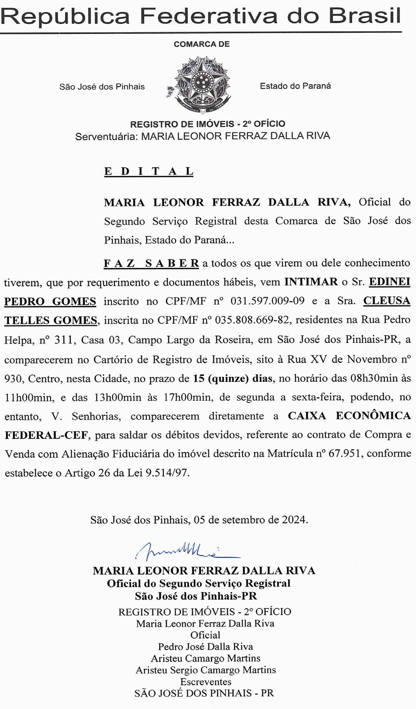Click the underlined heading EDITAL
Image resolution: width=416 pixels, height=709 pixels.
coord(149,171)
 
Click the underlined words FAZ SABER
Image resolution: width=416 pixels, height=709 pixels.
coord(151,264)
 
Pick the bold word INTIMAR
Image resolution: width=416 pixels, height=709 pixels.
coord(311,282)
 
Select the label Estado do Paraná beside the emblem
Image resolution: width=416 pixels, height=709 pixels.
coord(295,86)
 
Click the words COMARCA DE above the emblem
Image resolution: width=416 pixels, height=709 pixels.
coord(201,44)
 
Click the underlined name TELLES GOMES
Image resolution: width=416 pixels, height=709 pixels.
coord(50,320)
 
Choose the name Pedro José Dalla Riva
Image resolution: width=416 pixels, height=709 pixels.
coord(205,647)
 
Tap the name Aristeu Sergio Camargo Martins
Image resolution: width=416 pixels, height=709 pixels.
coord(206,670)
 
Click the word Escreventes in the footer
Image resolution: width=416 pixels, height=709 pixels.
coord(206,681)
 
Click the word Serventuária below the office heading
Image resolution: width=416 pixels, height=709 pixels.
coord(106,136)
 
